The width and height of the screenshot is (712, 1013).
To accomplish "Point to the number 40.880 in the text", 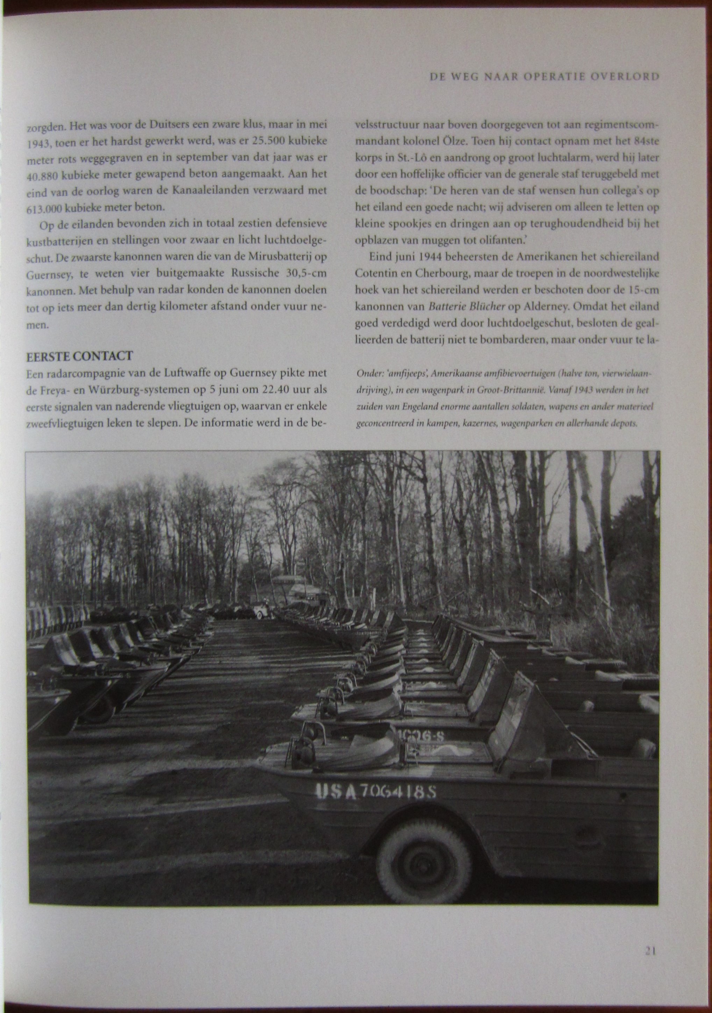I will [x=42, y=176].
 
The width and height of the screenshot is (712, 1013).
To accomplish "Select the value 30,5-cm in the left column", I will [x=302, y=273].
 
